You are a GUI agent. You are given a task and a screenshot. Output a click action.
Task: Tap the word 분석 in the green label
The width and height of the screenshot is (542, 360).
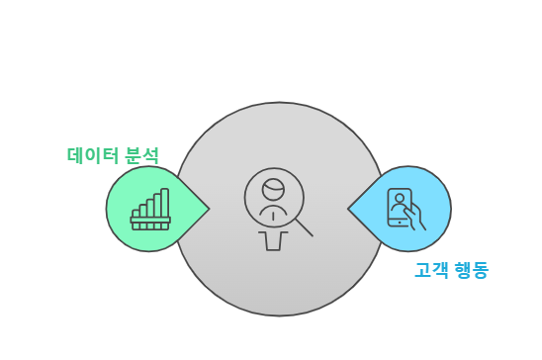[142, 155]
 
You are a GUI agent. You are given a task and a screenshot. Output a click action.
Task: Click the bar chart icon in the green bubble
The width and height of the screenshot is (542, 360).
[151, 209]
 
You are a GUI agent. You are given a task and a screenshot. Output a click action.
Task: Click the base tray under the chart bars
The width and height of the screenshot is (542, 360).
[151, 223]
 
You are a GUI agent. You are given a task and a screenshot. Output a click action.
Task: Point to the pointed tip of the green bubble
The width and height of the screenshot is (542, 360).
[209, 209]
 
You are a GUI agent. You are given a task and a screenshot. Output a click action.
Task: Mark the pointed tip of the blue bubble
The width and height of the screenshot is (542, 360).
[349, 209]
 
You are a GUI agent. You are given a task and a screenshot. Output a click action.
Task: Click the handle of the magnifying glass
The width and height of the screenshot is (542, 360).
[302, 226]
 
